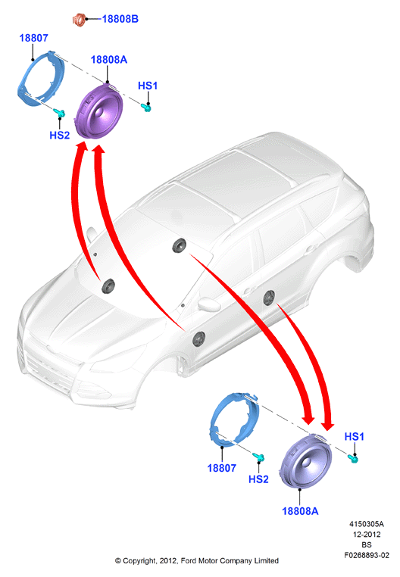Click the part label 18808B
120,19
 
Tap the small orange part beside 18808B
79,20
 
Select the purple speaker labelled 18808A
98,111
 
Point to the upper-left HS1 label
148,86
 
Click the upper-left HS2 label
60,135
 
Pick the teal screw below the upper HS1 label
146,108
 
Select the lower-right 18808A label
300,511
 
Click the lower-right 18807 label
222,468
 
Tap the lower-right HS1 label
354,436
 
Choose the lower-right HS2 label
258,479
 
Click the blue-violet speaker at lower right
305,461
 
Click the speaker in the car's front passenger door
199,338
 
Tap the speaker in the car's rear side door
269,298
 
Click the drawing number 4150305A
367,524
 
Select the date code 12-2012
367,535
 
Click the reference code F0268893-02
367,555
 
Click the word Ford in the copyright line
188,560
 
